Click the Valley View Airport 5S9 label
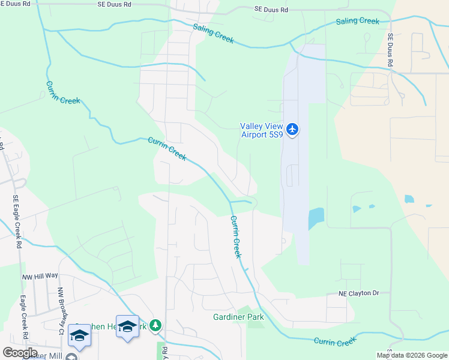click(262, 130)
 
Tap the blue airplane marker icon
click(292, 129)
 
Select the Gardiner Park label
click(238, 317)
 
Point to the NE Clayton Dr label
click(359, 293)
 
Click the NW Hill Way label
click(40, 275)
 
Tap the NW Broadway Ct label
click(61, 311)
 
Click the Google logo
click(20, 353)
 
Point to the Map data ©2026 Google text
click(411, 355)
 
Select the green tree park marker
click(155, 325)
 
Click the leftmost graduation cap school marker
click(79, 335)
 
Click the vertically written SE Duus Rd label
click(390, 49)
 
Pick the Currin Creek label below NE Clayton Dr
click(334, 341)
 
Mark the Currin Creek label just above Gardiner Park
click(236, 237)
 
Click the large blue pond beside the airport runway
click(315, 218)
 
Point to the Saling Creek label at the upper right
click(357, 21)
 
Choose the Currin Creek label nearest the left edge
click(62, 92)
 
